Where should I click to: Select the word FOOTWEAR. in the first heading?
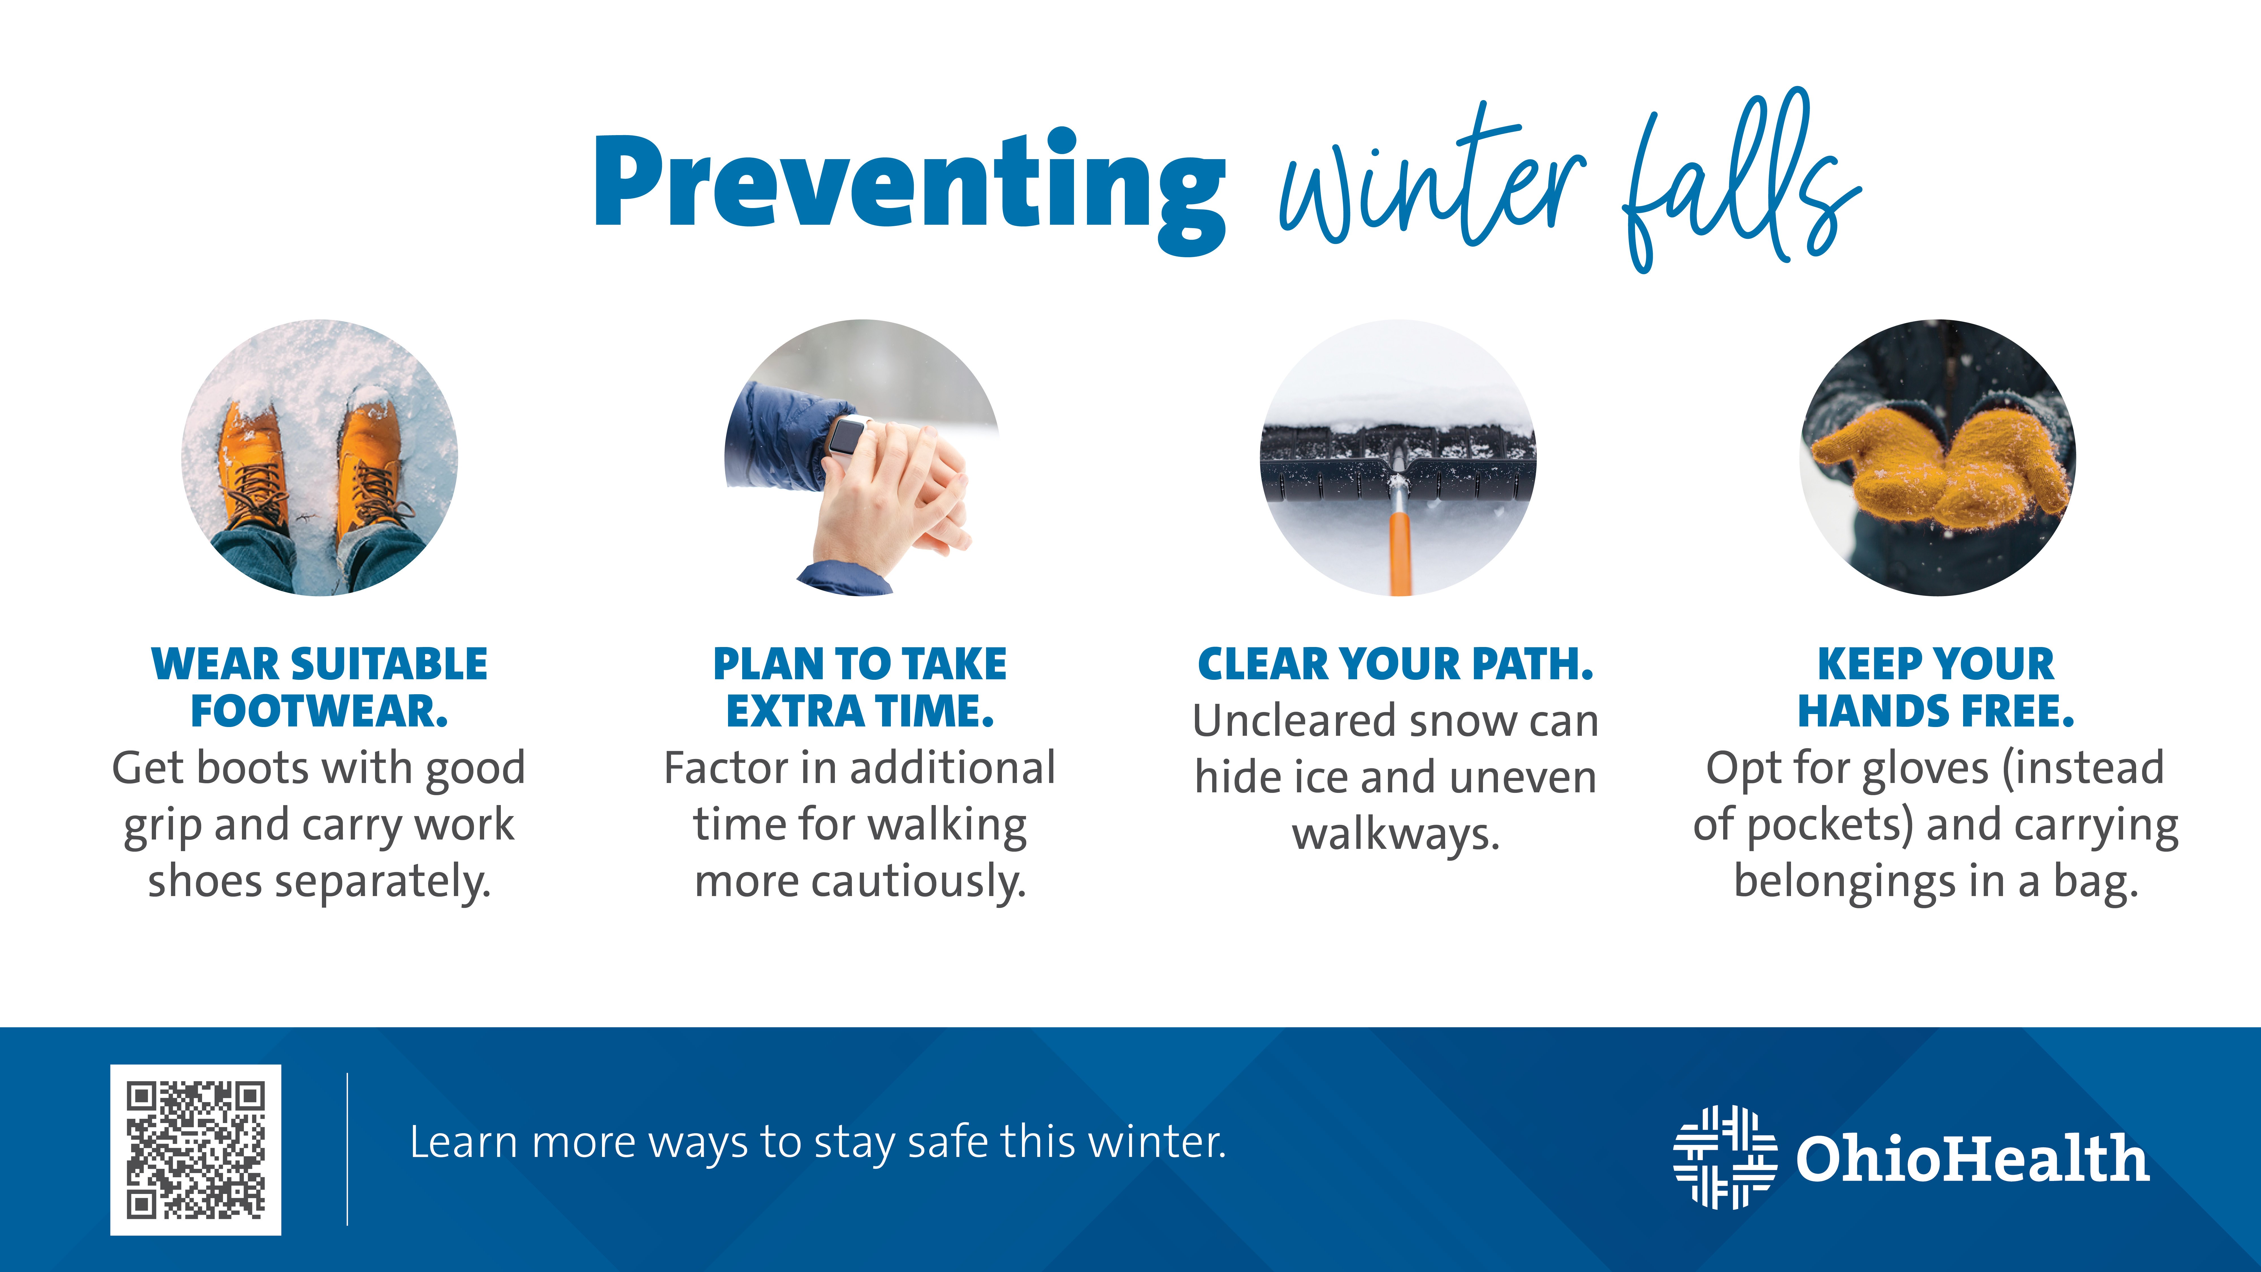(x=319, y=711)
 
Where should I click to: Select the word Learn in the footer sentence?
(x=464, y=1143)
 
